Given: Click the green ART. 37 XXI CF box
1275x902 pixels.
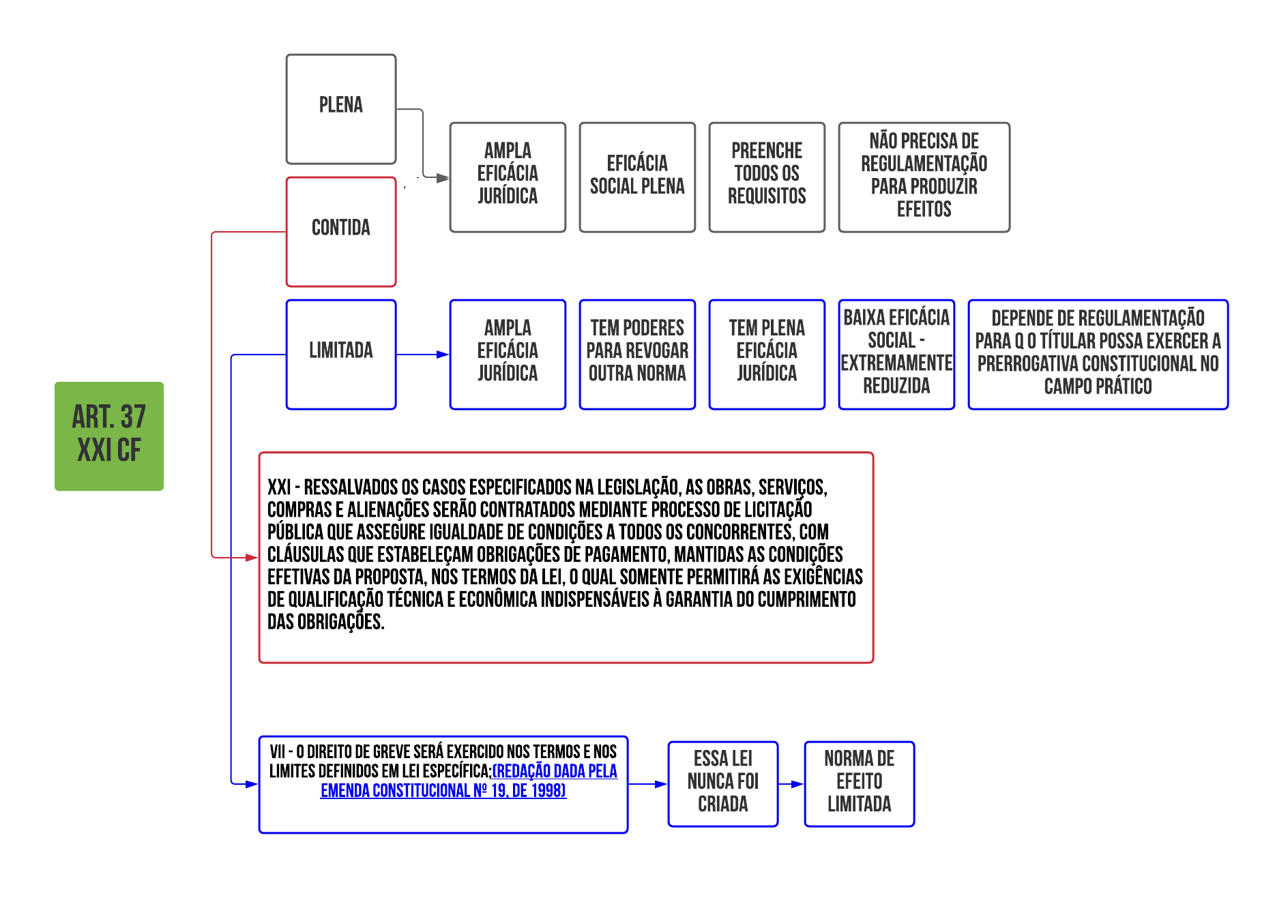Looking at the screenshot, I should pyautogui.click(x=109, y=436).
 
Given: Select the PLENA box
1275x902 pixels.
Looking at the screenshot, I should pyautogui.click(x=341, y=109).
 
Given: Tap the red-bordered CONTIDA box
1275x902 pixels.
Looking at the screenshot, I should pyautogui.click(x=341, y=232).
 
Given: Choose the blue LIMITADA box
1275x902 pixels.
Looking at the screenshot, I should pyautogui.click(x=341, y=355).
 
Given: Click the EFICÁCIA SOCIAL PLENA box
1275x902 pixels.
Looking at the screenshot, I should pyautogui.click(x=637, y=177).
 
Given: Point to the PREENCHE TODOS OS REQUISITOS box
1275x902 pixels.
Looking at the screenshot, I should pyautogui.click(x=767, y=177).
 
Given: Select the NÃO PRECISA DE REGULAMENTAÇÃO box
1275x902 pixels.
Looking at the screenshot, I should pyautogui.click(x=924, y=177).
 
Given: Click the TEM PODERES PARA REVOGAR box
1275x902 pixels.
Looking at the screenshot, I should pyautogui.click(x=637, y=355).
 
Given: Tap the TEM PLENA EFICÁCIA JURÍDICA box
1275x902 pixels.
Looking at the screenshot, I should pyautogui.click(x=767, y=355).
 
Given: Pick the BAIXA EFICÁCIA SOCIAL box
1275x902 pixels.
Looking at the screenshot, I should pyautogui.click(x=896, y=355).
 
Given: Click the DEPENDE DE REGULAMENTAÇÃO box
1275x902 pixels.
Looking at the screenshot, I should pyautogui.click(x=1098, y=355).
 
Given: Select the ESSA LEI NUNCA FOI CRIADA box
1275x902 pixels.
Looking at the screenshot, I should pyautogui.click(x=723, y=784).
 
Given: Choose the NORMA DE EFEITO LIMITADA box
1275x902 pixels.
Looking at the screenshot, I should pyautogui.click(x=860, y=784).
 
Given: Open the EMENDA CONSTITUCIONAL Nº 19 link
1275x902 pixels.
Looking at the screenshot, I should pyautogui.click(x=443, y=791).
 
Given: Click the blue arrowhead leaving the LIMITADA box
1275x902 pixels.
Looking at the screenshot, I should pyautogui.click(x=443, y=355).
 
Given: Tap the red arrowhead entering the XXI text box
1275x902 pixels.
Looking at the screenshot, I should pyautogui.click(x=252, y=558).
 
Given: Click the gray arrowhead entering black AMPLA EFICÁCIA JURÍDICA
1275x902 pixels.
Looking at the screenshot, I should pyautogui.click(x=443, y=178).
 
